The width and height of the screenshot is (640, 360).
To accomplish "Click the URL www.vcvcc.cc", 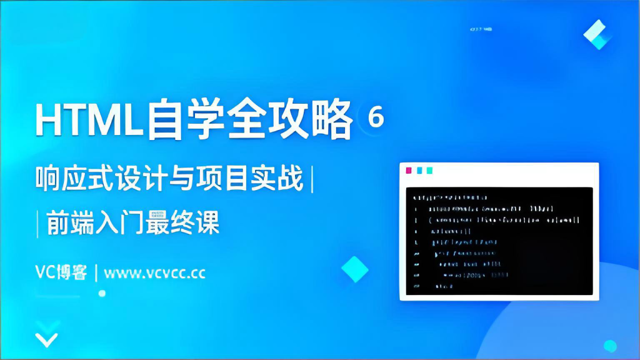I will [x=155, y=273].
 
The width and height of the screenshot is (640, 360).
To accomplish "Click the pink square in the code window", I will [x=409, y=170].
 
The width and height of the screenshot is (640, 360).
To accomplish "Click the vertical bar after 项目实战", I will [x=311, y=180].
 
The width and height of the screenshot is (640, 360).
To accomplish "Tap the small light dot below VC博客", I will [x=102, y=293].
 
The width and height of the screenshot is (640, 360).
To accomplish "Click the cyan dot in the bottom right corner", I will [x=610, y=346].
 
